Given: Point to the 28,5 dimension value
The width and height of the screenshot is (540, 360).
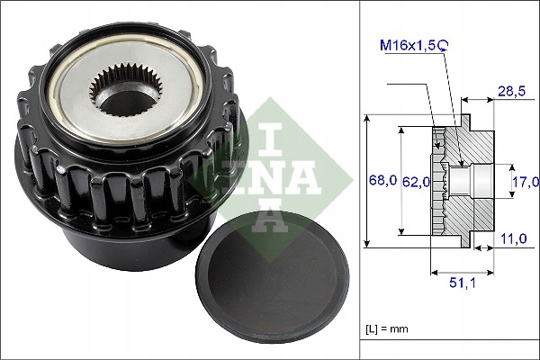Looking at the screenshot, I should pyautogui.click(x=512, y=92).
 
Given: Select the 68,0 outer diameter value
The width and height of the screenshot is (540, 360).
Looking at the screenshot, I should pyautogui.click(x=383, y=181).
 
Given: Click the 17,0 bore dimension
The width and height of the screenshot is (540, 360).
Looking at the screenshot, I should pyautogui.click(x=519, y=181).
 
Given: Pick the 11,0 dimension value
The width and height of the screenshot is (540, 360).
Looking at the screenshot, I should pyautogui.click(x=513, y=240).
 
